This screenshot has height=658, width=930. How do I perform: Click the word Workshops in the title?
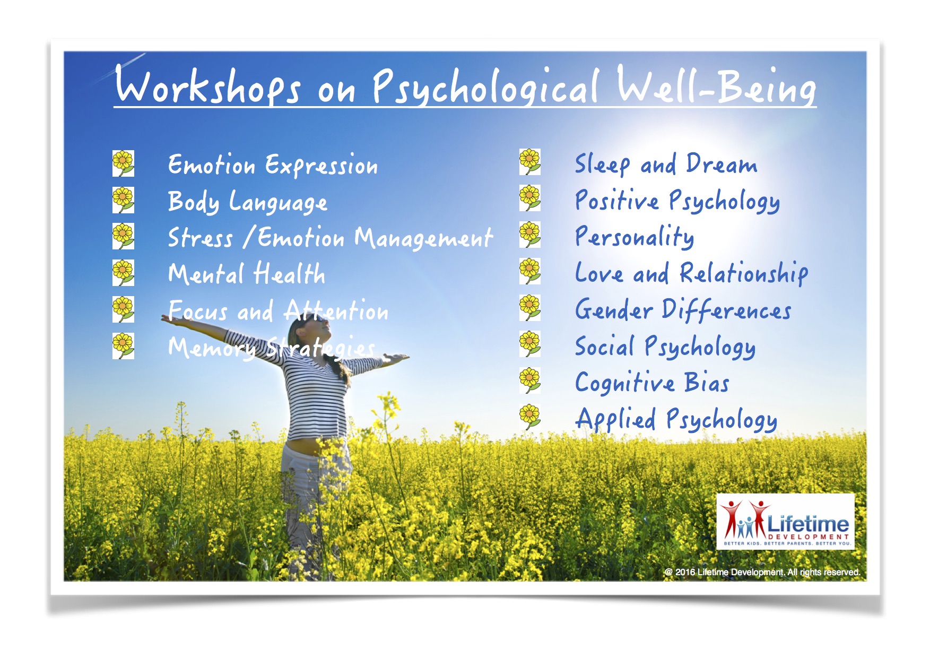[x=207, y=85]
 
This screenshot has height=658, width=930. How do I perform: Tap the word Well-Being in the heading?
[x=716, y=85]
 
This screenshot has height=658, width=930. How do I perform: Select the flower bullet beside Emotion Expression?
[x=123, y=163]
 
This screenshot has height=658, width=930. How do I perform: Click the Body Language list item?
[x=247, y=202]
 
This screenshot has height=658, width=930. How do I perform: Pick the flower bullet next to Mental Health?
[x=123, y=273]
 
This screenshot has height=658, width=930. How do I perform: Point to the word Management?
[x=423, y=238]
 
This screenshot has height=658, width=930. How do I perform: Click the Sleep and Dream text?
[x=666, y=164]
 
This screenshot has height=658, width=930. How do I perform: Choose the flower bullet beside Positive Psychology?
[x=530, y=198]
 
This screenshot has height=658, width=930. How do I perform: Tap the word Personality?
[x=635, y=237]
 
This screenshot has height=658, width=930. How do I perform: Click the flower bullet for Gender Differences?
[x=530, y=308]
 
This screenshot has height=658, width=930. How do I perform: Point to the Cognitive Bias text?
[x=652, y=383]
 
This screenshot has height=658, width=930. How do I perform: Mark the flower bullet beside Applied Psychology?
[x=530, y=417]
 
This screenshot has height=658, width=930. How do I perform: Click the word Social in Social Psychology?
[x=605, y=346]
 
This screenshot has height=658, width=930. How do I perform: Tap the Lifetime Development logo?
[x=785, y=521]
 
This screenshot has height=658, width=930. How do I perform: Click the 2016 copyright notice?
[x=762, y=572]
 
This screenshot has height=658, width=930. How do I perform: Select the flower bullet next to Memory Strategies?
[x=123, y=346]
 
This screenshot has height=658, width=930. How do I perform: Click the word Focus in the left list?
[x=198, y=310]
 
